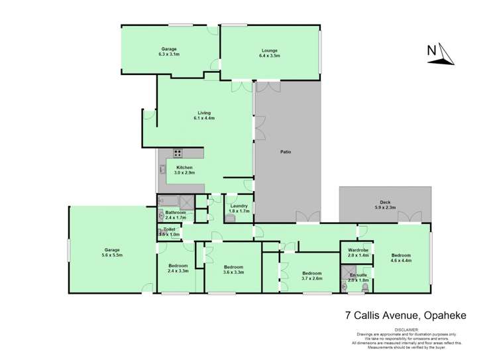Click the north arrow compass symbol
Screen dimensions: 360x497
[441, 53]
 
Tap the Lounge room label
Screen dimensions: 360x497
[269, 51]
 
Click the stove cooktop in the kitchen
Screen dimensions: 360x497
[178, 153]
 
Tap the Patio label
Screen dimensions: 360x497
[286, 152]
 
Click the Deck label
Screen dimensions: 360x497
[384, 203]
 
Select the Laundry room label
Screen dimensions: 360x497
[239, 206]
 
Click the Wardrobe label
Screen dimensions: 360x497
[357, 250]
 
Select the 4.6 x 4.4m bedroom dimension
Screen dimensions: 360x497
[401, 260]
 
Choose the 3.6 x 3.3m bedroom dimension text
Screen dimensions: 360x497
[233, 272]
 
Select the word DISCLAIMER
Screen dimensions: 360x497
[408, 328]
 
